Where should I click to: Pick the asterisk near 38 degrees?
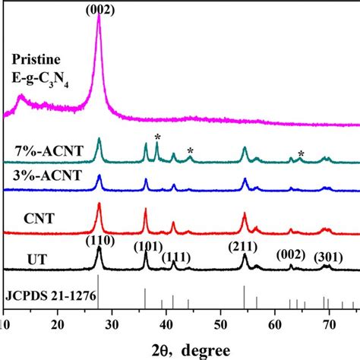[x=157, y=137]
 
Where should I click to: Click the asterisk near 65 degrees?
[x=301, y=153]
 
